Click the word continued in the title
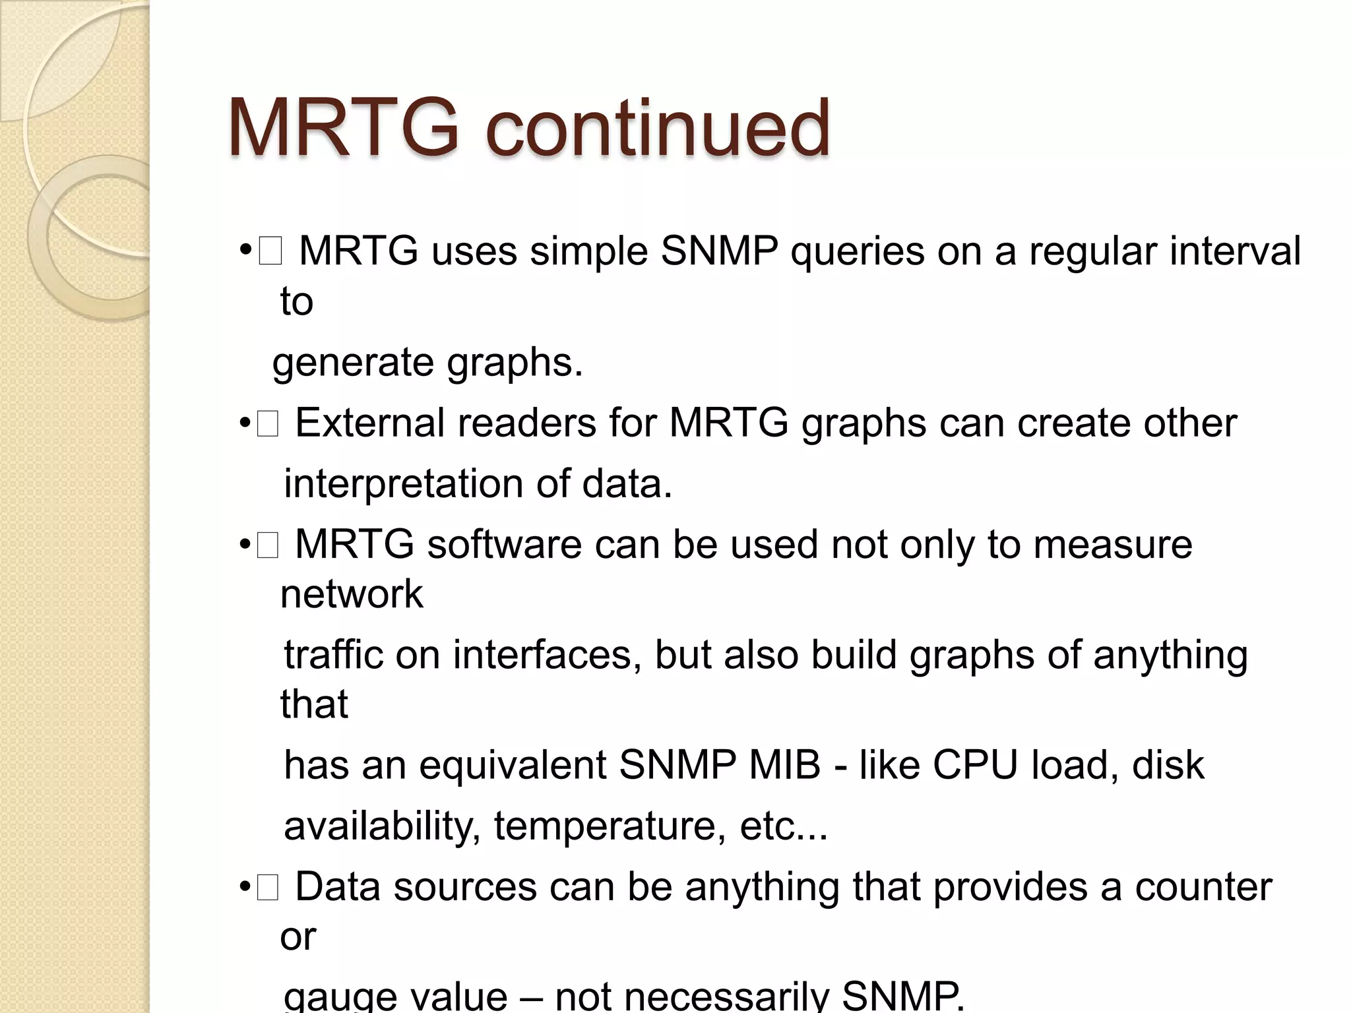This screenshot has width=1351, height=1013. tap(657, 129)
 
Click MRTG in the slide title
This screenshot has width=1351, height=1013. tap(342, 129)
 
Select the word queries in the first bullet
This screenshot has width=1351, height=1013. tap(858, 252)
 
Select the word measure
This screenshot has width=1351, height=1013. tap(1113, 545)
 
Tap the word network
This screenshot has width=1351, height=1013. tap(352, 594)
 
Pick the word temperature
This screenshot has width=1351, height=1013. tap(605, 826)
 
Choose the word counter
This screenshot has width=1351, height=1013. tap(1203, 887)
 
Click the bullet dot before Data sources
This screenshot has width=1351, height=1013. tap(245, 888)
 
